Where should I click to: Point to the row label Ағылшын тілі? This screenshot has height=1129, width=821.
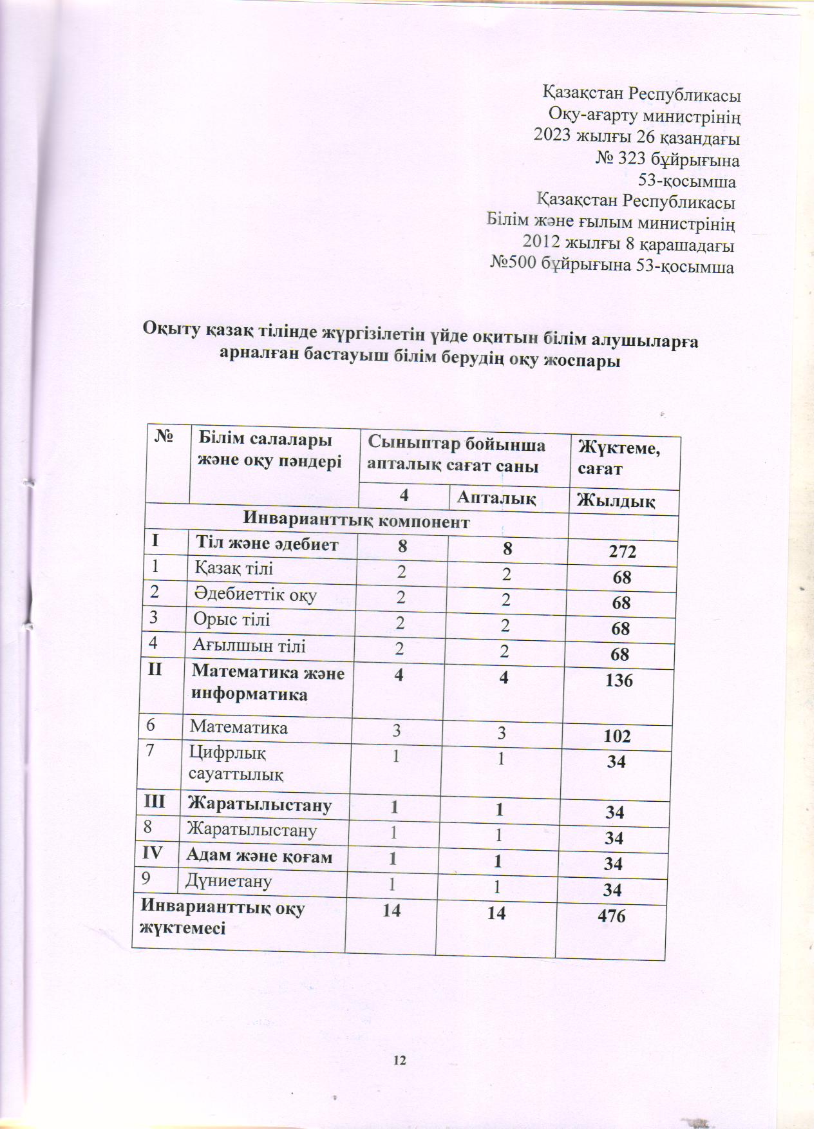coord(249,645)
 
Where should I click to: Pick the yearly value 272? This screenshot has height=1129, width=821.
coord(622,551)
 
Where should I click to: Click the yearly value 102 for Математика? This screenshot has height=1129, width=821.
coord(617,736)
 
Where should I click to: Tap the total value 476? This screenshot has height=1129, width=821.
coord(611,916)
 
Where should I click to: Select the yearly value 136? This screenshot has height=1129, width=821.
coord(619,680)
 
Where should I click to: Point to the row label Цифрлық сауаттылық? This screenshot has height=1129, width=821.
coord(236,763)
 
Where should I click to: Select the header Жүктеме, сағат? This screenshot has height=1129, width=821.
coord(619,457)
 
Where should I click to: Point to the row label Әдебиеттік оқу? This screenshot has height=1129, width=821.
coord(255,594)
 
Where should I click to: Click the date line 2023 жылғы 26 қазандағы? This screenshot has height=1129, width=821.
coord(637,138)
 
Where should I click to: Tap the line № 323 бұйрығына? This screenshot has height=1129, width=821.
coord(666,160)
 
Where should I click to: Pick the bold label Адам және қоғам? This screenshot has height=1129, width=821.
coord(260,856)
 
